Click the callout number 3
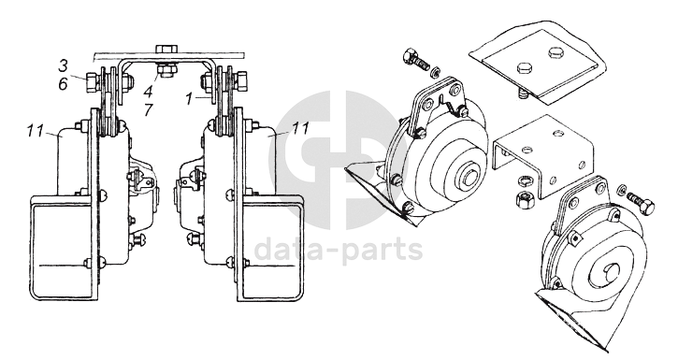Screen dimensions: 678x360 64,66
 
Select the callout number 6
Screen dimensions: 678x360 64,84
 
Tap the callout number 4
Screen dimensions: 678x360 149,92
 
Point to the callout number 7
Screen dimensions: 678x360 149,109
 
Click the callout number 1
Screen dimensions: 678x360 189,99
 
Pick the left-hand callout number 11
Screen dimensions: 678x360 36,130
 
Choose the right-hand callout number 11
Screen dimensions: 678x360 301,128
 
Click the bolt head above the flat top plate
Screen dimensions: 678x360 166,48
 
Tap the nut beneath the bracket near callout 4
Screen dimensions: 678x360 166,70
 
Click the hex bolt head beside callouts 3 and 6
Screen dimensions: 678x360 92,81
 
